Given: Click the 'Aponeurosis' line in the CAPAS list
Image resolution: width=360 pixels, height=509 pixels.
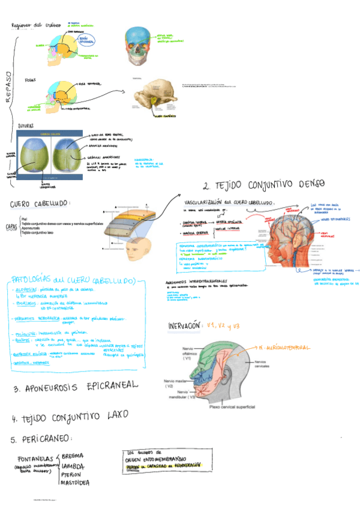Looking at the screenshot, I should (34, 229).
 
